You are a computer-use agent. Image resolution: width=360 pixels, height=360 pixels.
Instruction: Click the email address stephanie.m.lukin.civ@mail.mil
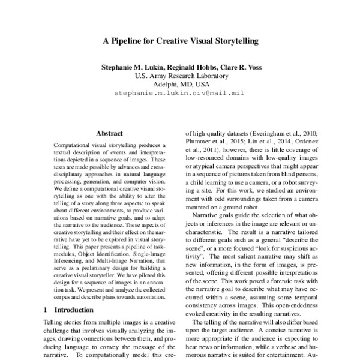pos(179,93)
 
